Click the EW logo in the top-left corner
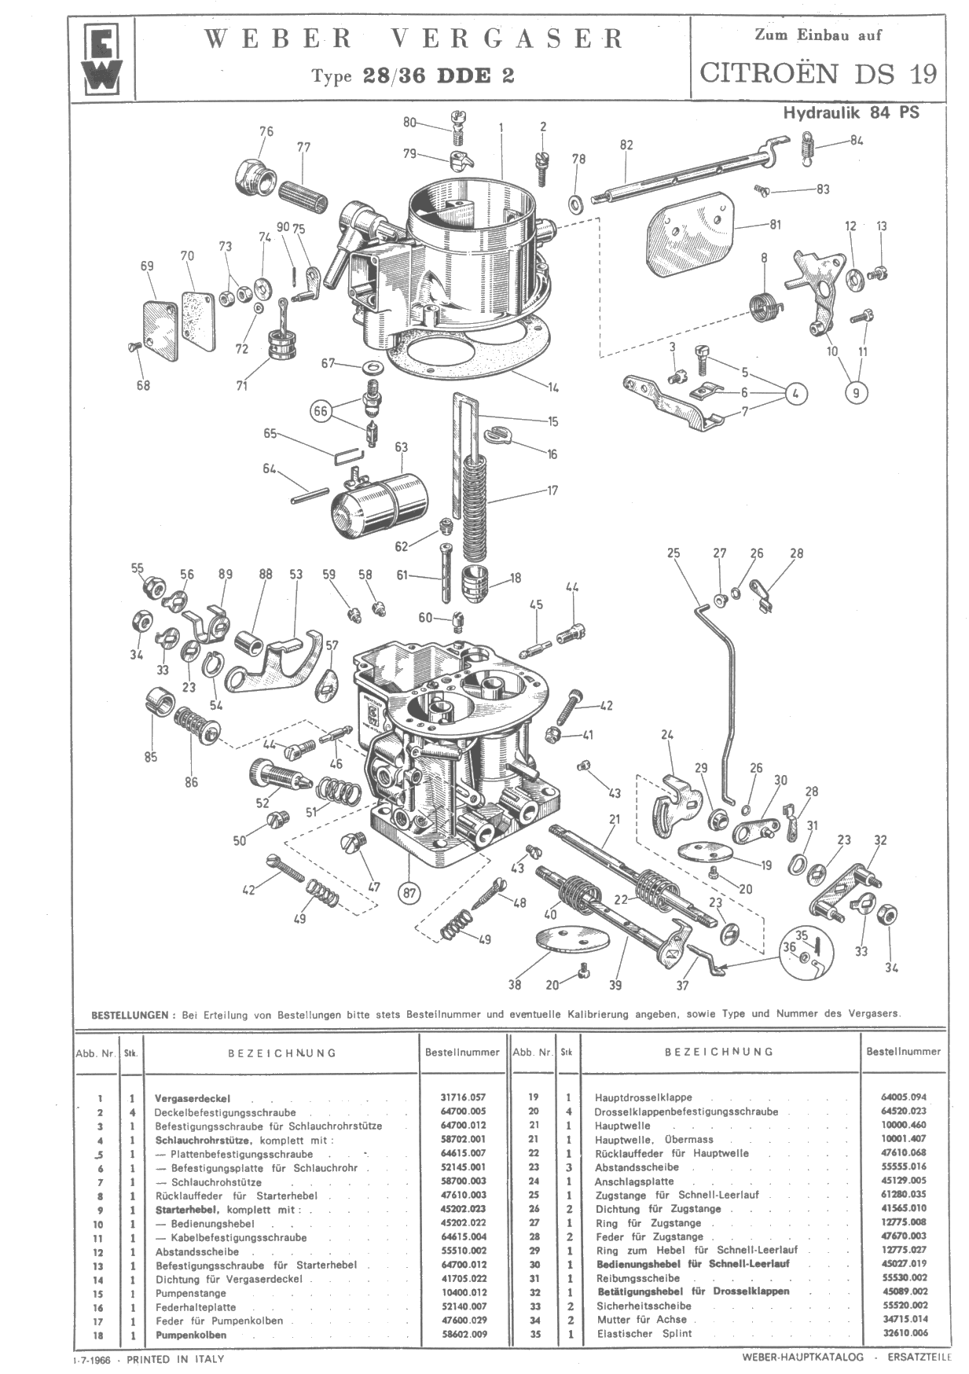click(x=102, y=61)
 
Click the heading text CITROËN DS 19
click(x=818, y=73)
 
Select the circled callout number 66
click(x=320, y=411)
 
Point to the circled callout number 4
click(x=795, y=392)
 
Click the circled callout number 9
click(x=857, y=392)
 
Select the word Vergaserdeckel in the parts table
click(x=193, y=1098)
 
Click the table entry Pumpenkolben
click(x=191, y=1335)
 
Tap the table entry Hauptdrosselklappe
click(x=643, y=1098)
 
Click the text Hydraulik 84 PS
click(x=850, y=112)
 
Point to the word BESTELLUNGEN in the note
click(x=130, y=1015)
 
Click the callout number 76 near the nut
click(x=266, y=131)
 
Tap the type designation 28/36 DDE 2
click(x=438, y=75)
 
